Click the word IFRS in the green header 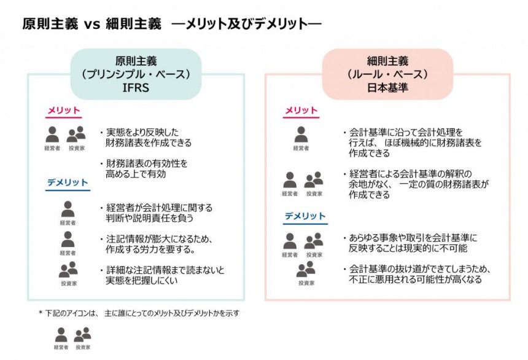click(x=136, y=87)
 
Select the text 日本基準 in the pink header click(x=388, y=87)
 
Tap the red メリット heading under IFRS click(x=64, y=111)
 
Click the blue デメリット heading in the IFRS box click(x=67, y=182)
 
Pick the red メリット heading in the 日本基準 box click(x=301, y=111)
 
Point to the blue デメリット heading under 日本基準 click(x=305, y=216)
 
